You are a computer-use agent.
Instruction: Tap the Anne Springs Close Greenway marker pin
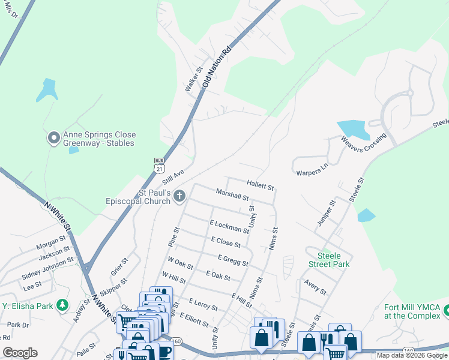53,139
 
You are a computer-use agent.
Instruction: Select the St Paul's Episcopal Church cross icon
179,196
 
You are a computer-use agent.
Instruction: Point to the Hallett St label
260,184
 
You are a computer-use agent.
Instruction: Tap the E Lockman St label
229,226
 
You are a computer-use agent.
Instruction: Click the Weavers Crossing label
364,142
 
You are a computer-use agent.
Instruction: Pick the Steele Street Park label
329,259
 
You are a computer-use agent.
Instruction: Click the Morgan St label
50,246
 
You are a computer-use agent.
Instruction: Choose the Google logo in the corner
20,353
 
